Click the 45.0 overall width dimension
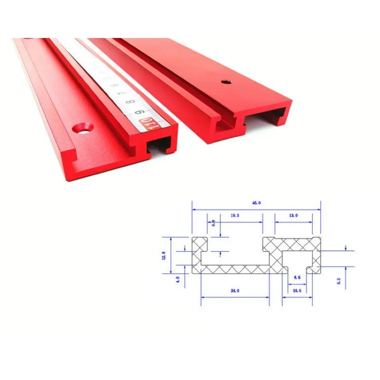[x=256, y=203]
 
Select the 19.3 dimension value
[x=235, y=215]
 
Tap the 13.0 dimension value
[x=293, y=215]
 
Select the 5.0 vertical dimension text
[x=213, y=222]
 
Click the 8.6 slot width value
[x=297, y=277]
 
